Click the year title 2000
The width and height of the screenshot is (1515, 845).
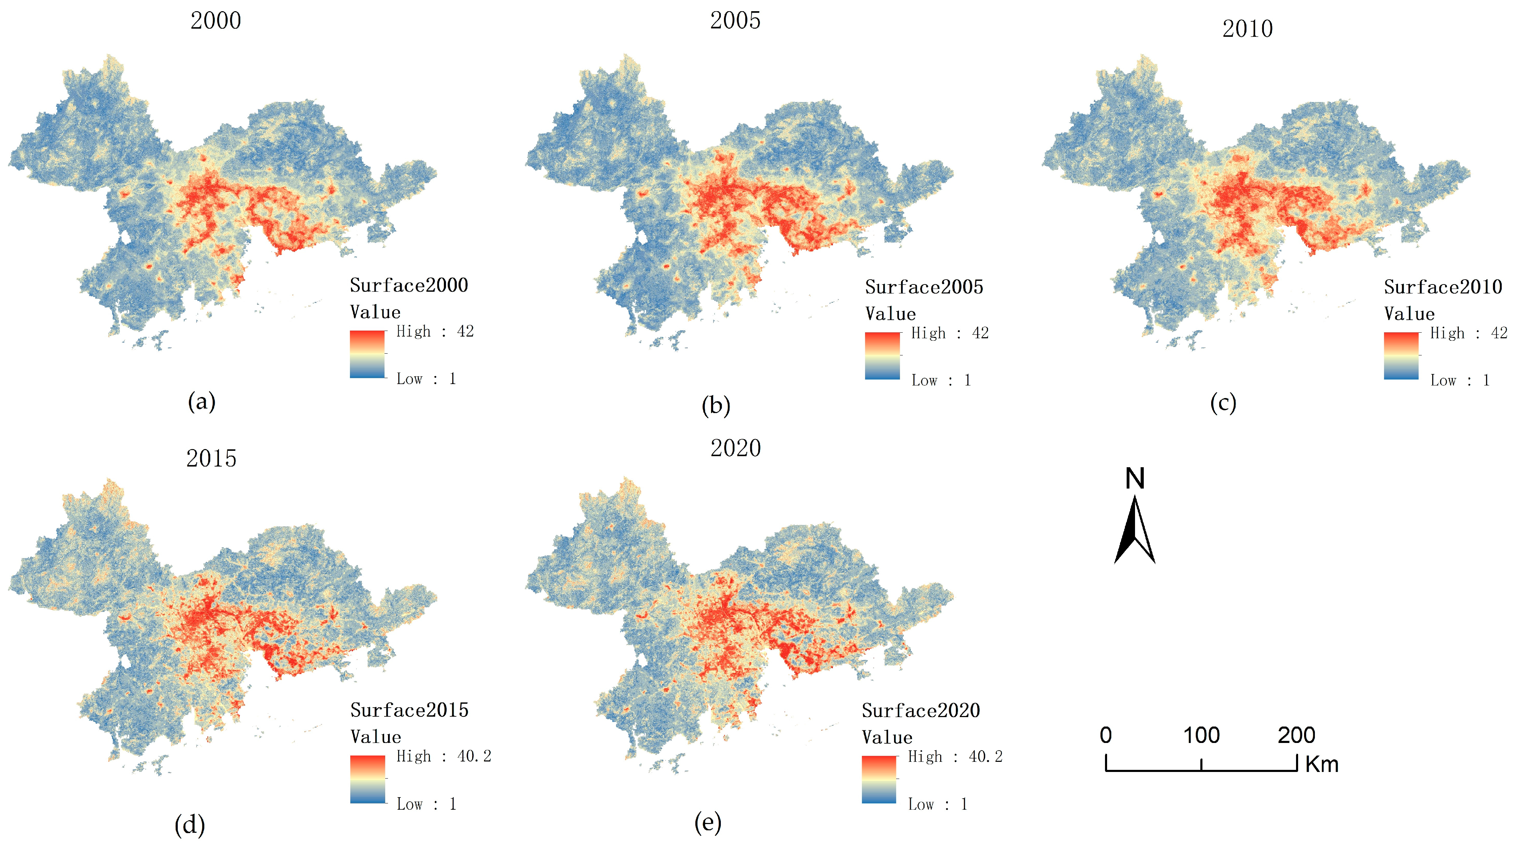point(215,21)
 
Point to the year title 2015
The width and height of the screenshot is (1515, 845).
point(211,458)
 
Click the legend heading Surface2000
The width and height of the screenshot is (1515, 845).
point(409,286)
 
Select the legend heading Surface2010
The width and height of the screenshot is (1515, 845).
point(1443,287)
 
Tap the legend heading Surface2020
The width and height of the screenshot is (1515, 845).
point(920,711)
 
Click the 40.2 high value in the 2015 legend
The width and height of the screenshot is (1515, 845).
point(474,756)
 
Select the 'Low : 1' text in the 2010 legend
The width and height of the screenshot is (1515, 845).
point(1460,381)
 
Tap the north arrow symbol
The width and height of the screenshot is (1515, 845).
point(1134,529)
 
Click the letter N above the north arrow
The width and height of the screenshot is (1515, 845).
point(1134,478)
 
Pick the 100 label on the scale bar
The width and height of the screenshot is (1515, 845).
point(1201,736)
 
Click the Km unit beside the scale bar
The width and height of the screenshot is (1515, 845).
point(1322,764)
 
